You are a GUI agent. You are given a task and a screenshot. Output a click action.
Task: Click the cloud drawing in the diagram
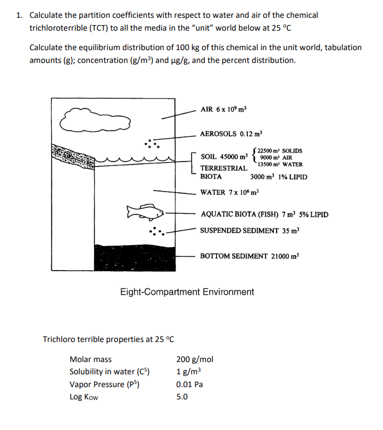tap(97, 119)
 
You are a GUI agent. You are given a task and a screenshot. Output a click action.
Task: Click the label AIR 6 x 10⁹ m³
tap(223, 109)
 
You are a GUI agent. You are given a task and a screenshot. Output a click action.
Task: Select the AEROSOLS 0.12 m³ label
tap(230, 134)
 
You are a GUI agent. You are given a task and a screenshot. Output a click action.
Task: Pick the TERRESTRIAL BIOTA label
tap(223, 172)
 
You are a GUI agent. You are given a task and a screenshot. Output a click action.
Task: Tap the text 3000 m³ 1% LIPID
tap(278, 177)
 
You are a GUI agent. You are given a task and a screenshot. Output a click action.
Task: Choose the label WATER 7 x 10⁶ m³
tap(229, 193)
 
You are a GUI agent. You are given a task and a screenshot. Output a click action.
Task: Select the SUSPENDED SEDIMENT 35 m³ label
tap(250, 231)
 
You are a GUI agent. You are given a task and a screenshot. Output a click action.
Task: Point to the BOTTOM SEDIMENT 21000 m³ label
tap(249, 256)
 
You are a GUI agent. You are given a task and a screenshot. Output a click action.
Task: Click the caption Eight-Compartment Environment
tap(187, 292)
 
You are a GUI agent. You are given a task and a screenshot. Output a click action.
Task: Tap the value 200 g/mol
tap(194, 359)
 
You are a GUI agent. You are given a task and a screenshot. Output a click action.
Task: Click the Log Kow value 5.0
tap(182, 397)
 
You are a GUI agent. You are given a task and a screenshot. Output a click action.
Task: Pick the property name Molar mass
tap(90, 359)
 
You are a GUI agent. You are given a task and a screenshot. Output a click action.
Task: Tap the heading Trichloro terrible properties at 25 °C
tap(109, 339)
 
